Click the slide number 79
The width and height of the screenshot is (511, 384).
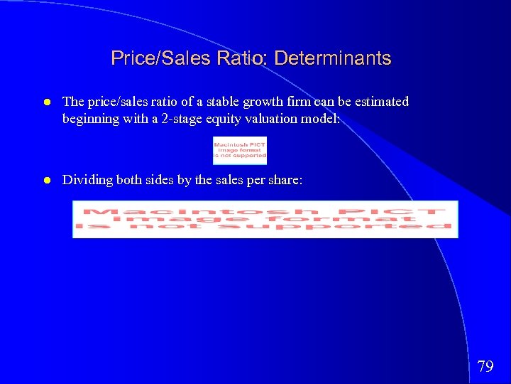pyautogui.click(x=485, y=367)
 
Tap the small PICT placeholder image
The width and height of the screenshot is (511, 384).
pyautogui.click(x=240, y=150)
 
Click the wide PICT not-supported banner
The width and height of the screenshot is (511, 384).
pyautogui.click(x=265, y=219)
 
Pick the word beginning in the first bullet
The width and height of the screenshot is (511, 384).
pyautogui.click(x=89, y=119)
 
